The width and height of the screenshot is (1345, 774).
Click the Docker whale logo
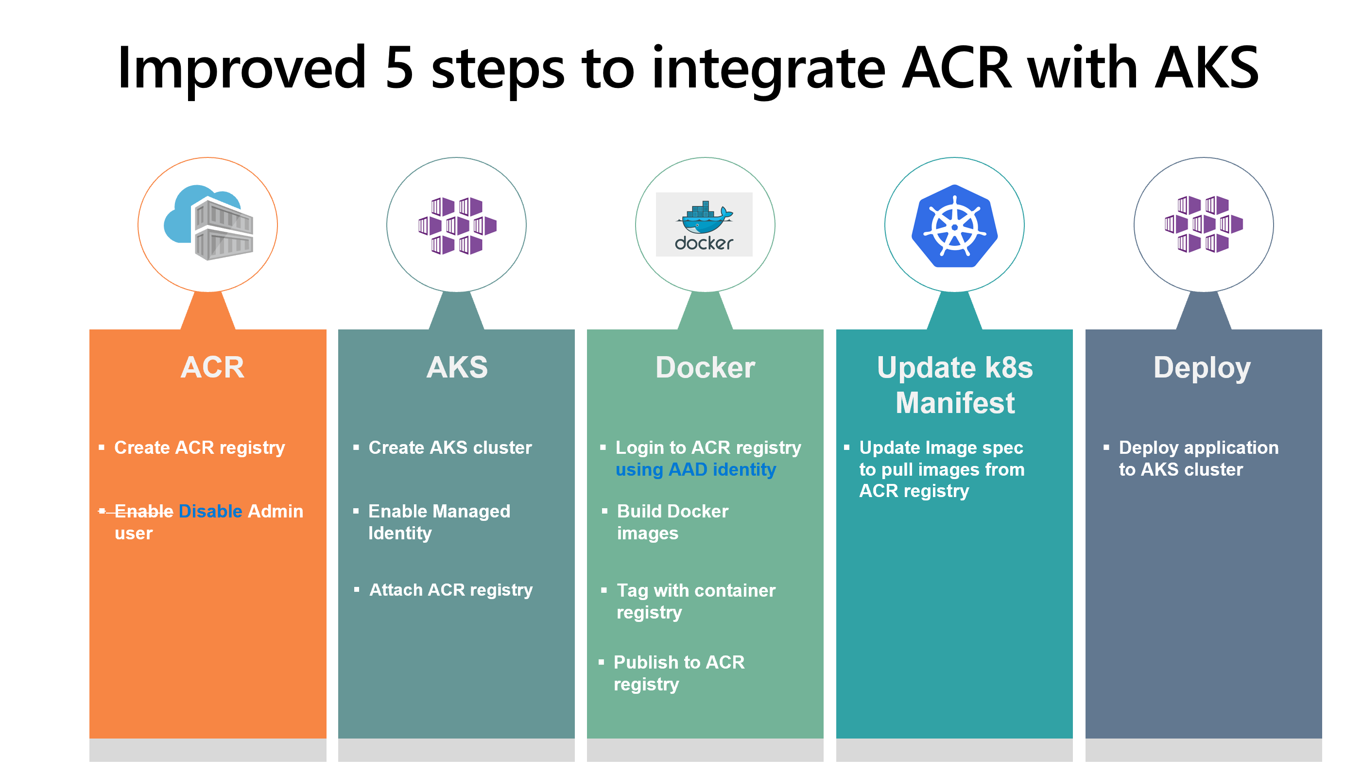(705, 224)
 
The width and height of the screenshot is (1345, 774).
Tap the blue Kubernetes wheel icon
(954, 226)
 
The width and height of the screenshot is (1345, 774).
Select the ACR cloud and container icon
(208, 224)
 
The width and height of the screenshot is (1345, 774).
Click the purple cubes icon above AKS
(457, 225)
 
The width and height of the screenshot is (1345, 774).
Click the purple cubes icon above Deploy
(1204, 224)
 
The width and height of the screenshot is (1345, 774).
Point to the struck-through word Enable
(143, 512)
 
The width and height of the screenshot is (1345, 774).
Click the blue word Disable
(210, 512)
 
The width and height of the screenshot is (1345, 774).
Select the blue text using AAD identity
(695, 469)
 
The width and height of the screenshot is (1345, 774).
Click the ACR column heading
(212, 367)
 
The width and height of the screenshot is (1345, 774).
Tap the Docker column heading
(705, 367)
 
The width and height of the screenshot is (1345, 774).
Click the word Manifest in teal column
(955, 402)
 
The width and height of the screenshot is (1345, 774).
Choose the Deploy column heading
(1202, 367)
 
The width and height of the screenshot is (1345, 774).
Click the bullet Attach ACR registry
(450, 589)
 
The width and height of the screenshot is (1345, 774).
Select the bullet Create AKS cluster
(450, 447)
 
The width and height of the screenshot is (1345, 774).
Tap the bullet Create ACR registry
(199, 447)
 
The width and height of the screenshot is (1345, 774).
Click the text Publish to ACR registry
(678, 673)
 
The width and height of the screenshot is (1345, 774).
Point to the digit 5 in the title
(399, 68)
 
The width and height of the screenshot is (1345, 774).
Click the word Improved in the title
(242, 68)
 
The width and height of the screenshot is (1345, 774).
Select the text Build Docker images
(672, 522)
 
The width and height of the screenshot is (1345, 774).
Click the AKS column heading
(457, 367)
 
